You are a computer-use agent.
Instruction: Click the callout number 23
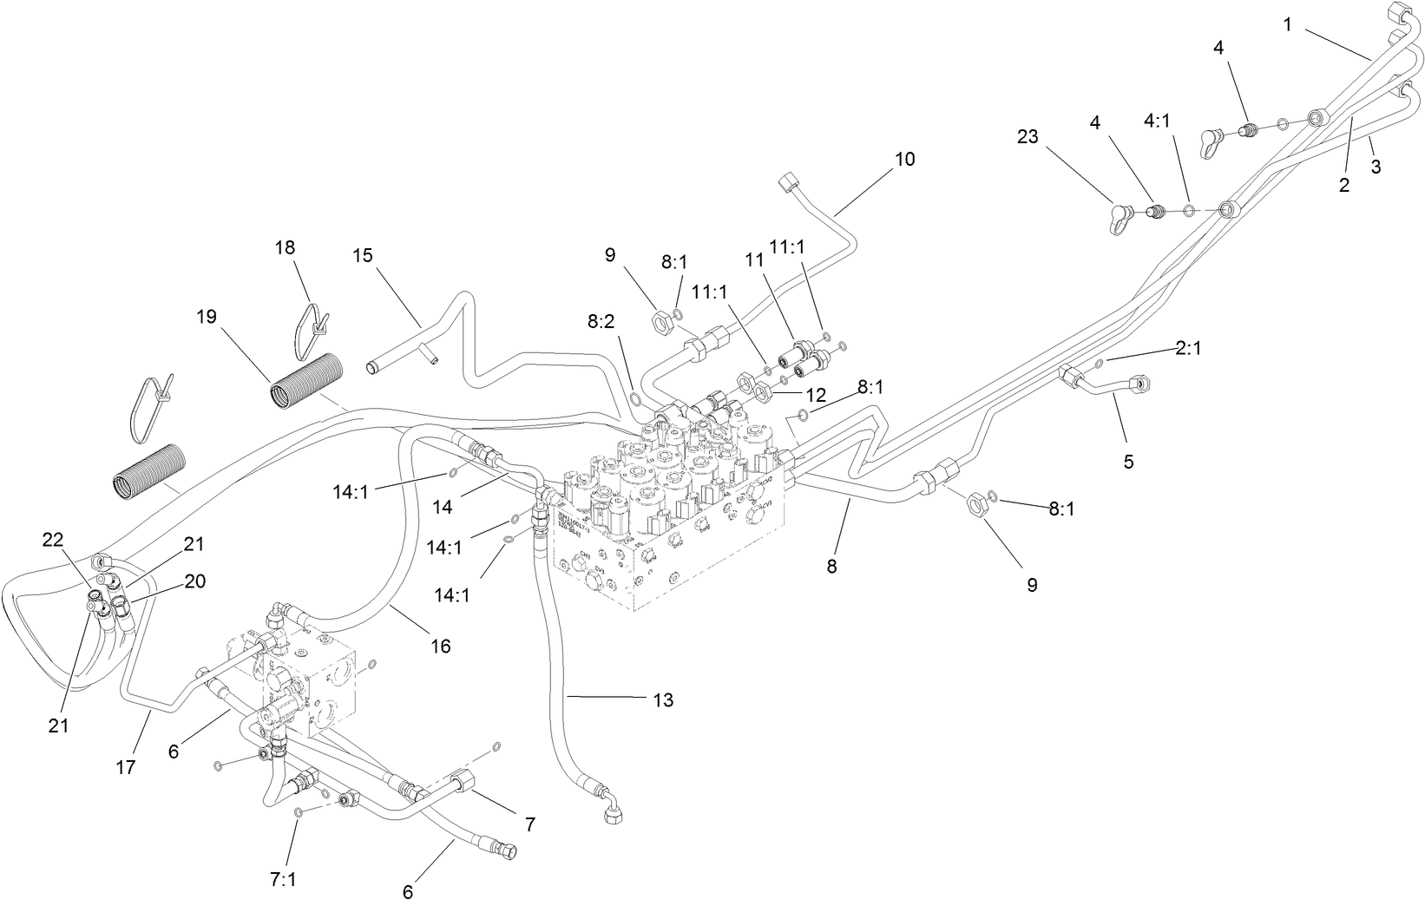coord(1028,137)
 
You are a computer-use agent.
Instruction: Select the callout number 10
coord(905,160)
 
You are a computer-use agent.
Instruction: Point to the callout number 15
coord(363,255)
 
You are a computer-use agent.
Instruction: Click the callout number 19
coord(206,318)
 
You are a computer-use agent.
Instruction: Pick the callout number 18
coord(285,247)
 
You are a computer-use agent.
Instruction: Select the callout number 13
coord(663,699)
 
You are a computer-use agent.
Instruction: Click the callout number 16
coord(441,647)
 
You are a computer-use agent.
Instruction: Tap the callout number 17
coord(127,767)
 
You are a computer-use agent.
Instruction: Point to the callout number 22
coord(54,539)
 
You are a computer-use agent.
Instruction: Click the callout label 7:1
coord(283,880)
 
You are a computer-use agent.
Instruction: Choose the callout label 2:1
coord(1189,348)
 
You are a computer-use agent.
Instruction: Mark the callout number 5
coord(1128,462)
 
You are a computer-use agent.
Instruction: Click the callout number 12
coord(816,394)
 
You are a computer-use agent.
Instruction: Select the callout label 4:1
coord(1157,121)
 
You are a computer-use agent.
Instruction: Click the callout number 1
coord(1288,26)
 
